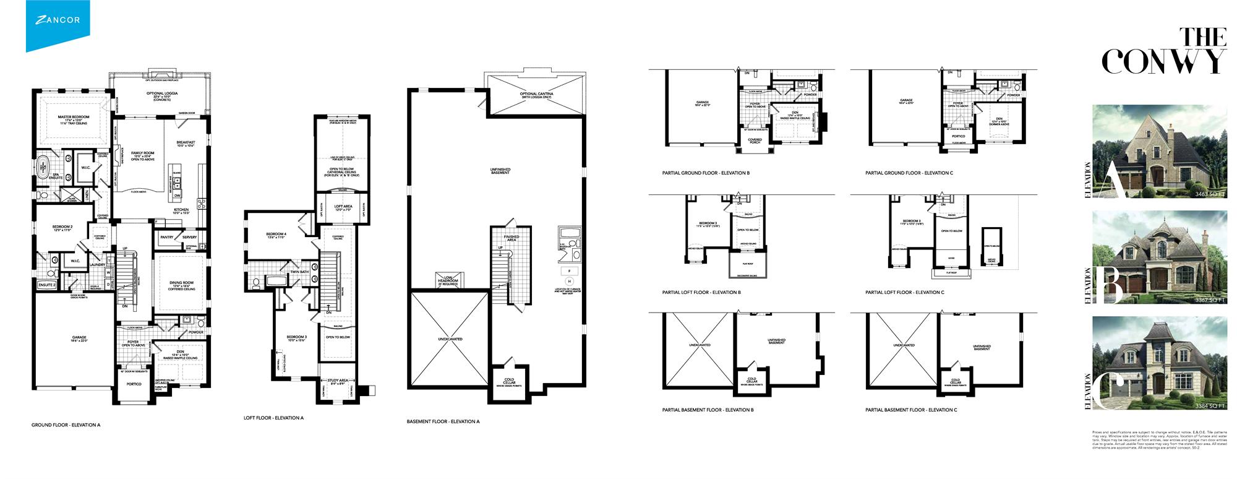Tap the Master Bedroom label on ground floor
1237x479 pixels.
74,118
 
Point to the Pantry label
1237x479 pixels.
166,237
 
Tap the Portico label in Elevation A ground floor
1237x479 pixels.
134,384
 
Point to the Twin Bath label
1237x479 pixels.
299,271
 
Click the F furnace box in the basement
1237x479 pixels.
568,270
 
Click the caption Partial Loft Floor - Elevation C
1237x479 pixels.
904,292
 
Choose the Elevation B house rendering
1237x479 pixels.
1160,257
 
